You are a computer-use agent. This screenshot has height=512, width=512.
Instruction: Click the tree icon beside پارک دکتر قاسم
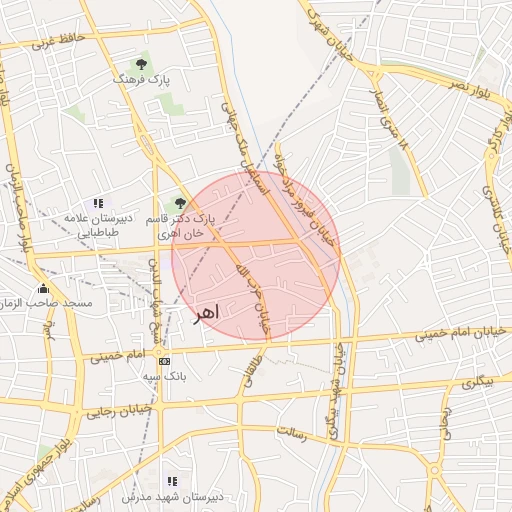pos(180,203)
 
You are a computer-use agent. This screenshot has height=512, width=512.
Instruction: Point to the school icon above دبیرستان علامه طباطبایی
pos(97,203)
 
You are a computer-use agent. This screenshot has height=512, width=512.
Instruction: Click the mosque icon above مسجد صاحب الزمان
pos(43,288)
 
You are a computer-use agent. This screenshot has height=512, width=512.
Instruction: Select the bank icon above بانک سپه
pos(164,361)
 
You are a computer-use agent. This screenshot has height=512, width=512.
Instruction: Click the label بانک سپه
pos(165,376)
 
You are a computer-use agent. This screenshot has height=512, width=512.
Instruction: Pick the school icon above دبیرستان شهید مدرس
pos(172,482)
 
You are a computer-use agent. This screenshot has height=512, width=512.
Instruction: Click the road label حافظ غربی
pos(58,41)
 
